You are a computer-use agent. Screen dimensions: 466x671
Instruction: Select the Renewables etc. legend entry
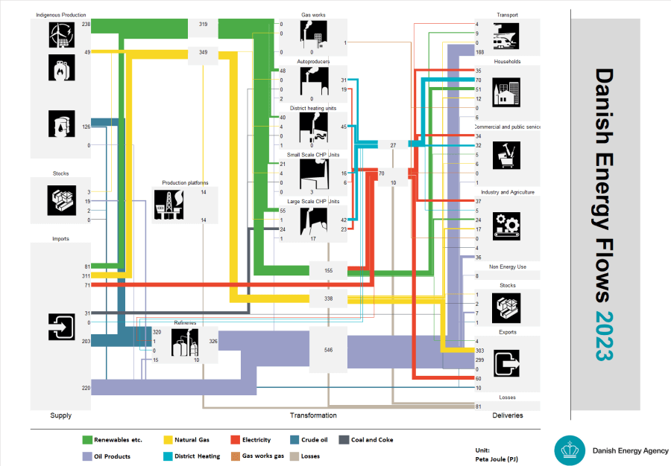112,440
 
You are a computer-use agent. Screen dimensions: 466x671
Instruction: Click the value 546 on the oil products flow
329,349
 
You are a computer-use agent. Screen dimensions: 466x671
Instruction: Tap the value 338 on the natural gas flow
329,299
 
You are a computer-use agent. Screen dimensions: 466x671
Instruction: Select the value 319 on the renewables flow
203,25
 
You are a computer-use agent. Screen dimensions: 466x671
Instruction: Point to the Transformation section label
312,415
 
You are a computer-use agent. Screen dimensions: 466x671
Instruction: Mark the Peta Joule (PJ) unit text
493,459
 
